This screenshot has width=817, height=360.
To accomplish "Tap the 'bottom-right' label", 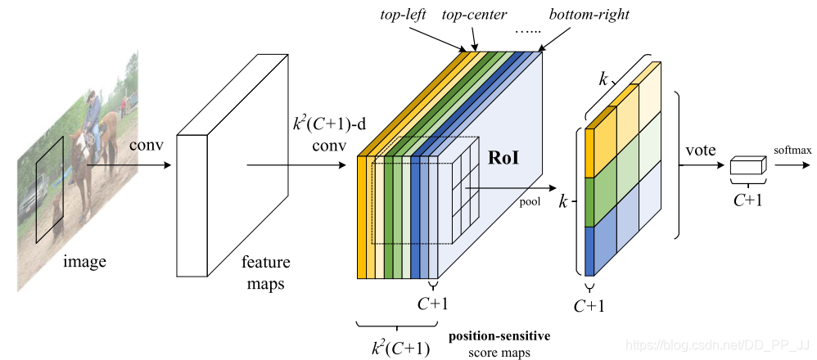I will pos(580,15).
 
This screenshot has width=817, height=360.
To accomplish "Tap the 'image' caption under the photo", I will pos(86,262).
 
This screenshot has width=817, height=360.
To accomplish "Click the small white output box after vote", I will pos(747,166).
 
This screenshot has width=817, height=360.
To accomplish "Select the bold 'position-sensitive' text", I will pos(499,335).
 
